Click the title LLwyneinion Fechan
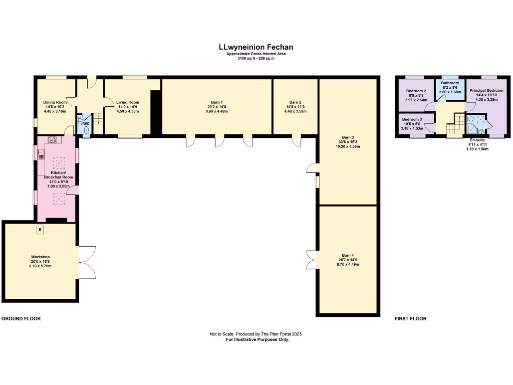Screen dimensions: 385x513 (x=255, y=47)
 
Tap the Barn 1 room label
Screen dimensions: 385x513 (x=217, y=102)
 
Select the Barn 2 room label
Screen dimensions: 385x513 (x=295, y=102)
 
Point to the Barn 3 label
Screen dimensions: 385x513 (x=348, y=137)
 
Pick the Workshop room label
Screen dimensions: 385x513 (x=40, y=257)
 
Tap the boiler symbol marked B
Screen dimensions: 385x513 (x=40, y=229)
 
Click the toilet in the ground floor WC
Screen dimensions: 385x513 (x=87, y=130)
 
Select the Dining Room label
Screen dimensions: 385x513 (x=55, y=102)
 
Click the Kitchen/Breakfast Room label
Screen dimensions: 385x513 (x=58, y=174)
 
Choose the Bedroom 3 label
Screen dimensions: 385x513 (x=412, y=119)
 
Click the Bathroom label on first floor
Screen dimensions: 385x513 (x=450, y=83)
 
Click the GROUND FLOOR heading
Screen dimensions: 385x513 (x=21, y=319)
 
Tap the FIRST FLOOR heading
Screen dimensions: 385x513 (x=410, y=319)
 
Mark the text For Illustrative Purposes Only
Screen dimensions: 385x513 (x=258, y=339)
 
